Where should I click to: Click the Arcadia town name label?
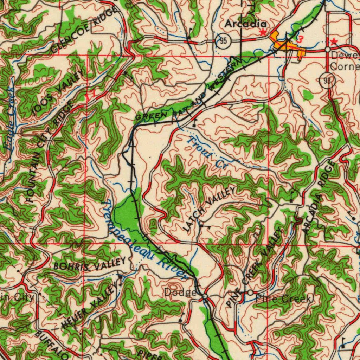(245, 24)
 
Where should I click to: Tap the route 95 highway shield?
(223, 41)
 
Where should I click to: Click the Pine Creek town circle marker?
(250, 292)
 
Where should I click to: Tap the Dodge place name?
(180, 292)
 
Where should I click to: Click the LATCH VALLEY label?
(210, 209)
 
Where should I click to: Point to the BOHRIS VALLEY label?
(89, 264)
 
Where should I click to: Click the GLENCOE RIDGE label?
(84, 30)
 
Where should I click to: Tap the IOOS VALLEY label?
(58, 92)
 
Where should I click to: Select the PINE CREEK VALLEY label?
(255, 267)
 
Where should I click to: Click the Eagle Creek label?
(9, 121)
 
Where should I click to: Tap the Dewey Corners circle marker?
(327, 50)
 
